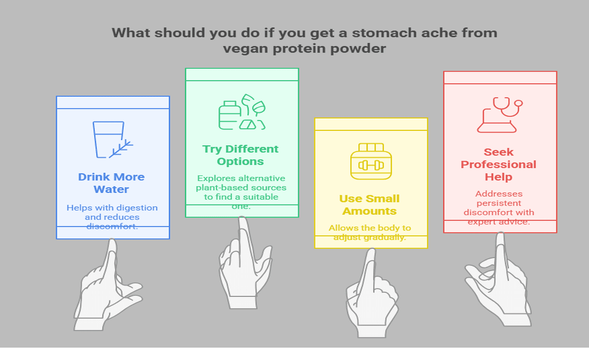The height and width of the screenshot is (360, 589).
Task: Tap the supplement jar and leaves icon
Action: pyautogui.click(x=242, y=112)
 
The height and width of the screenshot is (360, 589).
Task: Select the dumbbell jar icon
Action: pyautogui.click(x=371, y=161)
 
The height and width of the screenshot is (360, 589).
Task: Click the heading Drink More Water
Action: pyautogui.click(x=111, y=183)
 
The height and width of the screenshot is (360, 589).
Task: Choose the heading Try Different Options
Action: pyautogui.click(x=240, y=155)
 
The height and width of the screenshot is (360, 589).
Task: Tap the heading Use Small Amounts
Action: pyautogui.click(x=369, y=205)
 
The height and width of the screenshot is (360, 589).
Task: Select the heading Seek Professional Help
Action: pyautogui.click(x=499, y=164)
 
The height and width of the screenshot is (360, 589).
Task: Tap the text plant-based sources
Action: pyautogui.click(x=241, y=188)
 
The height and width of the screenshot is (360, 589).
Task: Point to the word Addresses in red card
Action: pyautogui.click(x=499, y=194)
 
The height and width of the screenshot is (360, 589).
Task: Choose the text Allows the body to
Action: pyautogui.click(x=370, y=228)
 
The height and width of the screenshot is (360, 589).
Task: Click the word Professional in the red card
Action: pyautogui.click(x=499, y=165)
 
